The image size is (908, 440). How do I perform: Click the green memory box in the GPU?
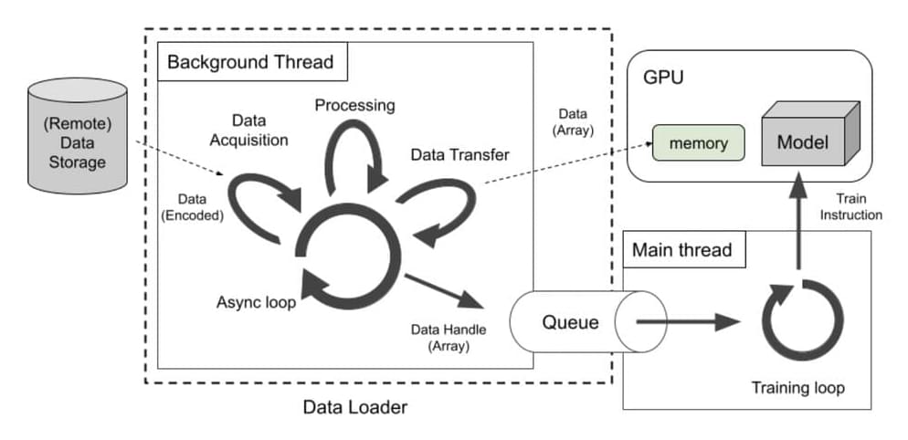[x=697, y=143]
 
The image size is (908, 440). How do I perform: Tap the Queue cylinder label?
[x=570, y=321]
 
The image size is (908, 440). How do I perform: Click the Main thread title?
[x=681, y=248]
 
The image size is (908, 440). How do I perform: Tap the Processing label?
[x=354, y=105]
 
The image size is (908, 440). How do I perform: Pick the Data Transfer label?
[x=459, y=155]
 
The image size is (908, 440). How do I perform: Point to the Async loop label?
[x=256, y=302]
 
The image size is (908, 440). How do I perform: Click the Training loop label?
[x=797, y=387]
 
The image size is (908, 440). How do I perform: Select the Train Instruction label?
[x=850, y=207]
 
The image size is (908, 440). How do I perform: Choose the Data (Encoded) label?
[x=188, y=207]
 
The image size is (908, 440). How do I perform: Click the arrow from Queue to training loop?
[x=685, y=321]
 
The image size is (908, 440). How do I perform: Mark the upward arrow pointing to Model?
[x=798, y=224]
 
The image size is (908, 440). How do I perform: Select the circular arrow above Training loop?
[x=797, y=321]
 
